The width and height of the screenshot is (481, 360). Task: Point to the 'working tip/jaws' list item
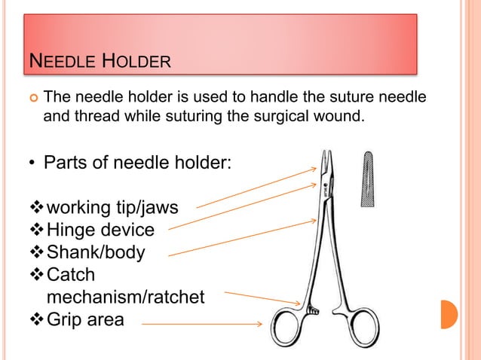click(112, 206)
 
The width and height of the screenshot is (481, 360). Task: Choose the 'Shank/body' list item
click(95, 252)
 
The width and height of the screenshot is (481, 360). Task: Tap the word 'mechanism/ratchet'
click(125, 297)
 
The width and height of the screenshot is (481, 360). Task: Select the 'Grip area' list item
click(85, 319)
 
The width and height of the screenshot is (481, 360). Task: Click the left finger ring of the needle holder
click(289, 329)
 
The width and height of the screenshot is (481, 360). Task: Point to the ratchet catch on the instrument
click(311, 307)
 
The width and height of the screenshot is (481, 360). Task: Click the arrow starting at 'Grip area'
click(201, 325)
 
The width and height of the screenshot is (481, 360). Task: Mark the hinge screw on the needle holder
click(325, 183)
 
